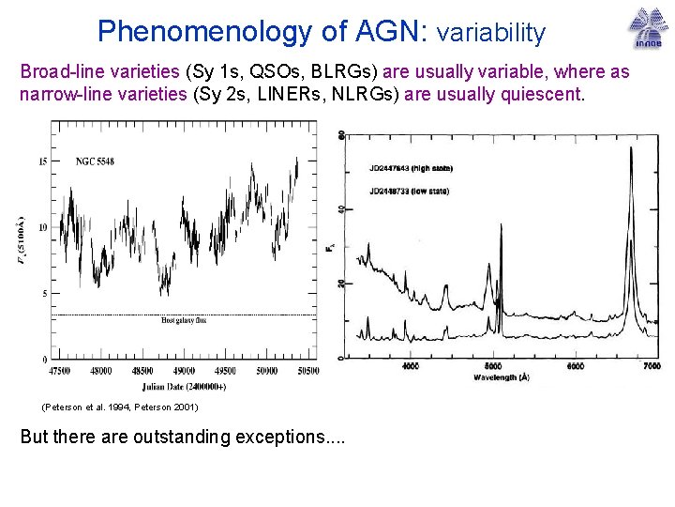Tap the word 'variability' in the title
click(491, 33)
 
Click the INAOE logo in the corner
click(645, 28)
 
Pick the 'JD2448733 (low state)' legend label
click(409, 192)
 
